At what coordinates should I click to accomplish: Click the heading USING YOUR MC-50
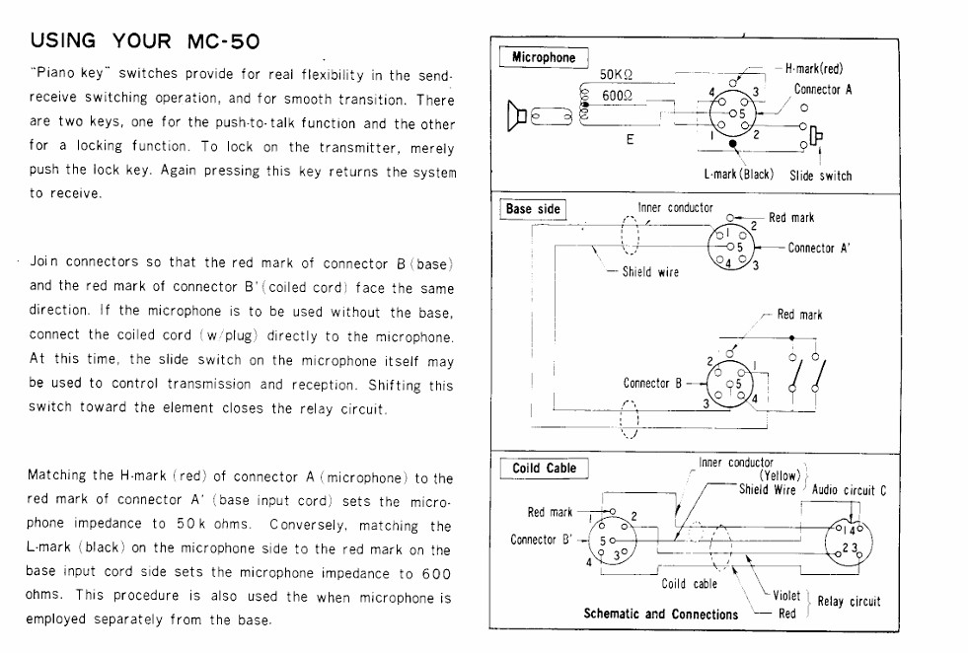[144, 40]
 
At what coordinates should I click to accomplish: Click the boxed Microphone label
[544, 57]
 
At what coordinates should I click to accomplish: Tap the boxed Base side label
[533, 209]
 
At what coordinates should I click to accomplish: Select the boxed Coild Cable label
[544, 469]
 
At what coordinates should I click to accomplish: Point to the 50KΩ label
[616, 75]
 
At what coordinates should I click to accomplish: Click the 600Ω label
[618, 96]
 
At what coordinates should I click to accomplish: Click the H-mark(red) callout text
[814, 68]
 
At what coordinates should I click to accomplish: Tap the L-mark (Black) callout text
[738, 174]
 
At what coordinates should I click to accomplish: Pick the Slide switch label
[820, 176]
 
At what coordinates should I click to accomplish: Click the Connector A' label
[819, 249]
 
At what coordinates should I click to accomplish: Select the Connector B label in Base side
[652, 384]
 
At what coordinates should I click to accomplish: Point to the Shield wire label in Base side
[650, 272]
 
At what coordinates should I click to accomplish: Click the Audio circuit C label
[849, 490]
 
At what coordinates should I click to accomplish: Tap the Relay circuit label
[849, 602]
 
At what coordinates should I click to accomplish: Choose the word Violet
[785, 596]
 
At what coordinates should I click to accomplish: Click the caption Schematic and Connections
[660, 615]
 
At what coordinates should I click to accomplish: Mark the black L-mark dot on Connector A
[733, 144]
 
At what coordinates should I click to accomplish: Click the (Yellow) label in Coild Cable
[780, 475]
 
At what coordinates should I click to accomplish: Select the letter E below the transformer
[630, 139]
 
